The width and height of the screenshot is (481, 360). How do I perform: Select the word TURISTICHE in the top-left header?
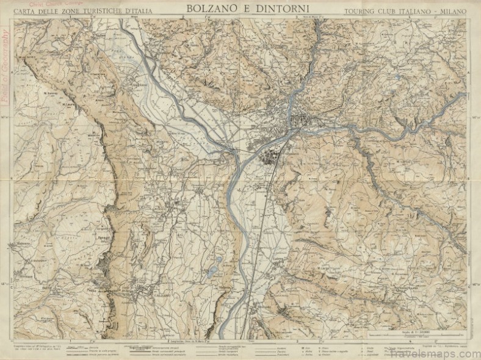pos(100,12)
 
